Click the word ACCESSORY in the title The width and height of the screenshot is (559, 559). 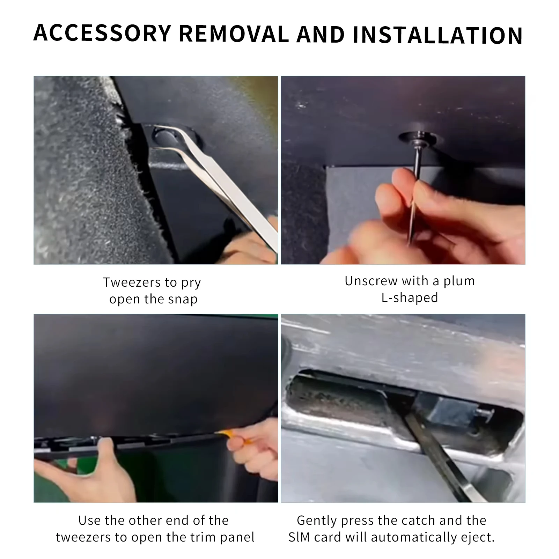click(102, 34)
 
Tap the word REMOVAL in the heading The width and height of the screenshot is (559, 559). click(234, 34)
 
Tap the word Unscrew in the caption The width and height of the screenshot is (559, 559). click(372, 281)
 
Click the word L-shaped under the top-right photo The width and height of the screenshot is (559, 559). click(410, 298)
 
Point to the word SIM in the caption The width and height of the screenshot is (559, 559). click(299, 537)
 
